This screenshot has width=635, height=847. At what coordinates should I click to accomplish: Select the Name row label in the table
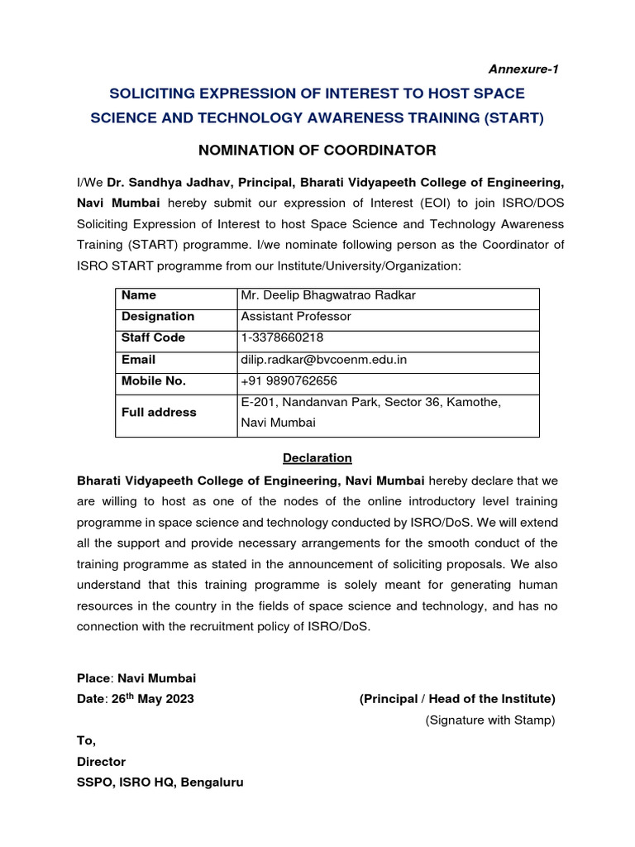coord(139,295)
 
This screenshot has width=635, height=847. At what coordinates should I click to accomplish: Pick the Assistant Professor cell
coord(295,317)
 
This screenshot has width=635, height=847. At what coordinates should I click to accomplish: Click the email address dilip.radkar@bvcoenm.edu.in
coord(323,360)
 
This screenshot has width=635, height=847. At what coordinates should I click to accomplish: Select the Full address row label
coord(159,412)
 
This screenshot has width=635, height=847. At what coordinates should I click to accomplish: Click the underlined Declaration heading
coord(317,458)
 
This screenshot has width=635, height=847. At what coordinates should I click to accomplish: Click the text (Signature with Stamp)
coord(490,720)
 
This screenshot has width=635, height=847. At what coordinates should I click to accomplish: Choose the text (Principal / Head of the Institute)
coord(457,699)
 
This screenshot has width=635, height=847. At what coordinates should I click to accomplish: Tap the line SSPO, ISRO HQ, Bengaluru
coord(160,782)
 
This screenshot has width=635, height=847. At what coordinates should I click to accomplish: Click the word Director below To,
coord(101,762)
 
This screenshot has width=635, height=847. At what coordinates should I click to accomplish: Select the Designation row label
coord(158,317)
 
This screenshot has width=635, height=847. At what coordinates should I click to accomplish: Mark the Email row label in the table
coord(138,360)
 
